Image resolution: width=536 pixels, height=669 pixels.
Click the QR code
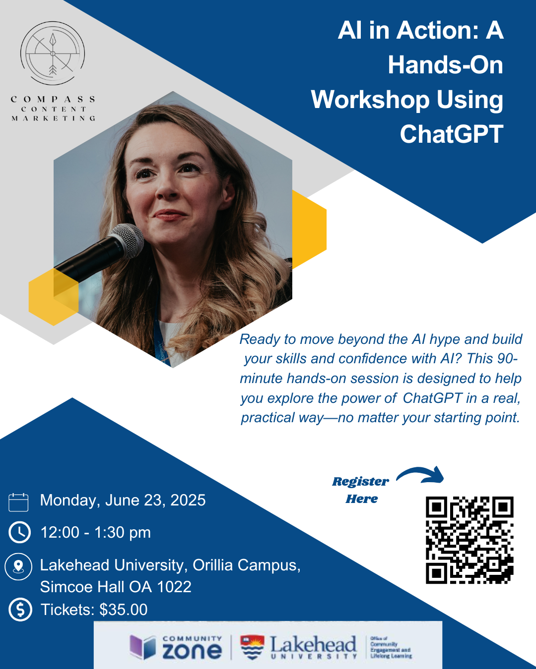coord(469,540)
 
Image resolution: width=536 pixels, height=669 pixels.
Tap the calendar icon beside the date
coord(19,502)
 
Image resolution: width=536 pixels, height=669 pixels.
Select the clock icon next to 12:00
coord(20,532)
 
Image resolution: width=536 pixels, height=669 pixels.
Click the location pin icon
coord(18,566)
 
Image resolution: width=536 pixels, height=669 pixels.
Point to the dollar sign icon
coord(20,610)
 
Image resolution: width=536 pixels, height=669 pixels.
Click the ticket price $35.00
coord(124,610)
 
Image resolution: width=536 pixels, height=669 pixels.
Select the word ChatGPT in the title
coord(452,134)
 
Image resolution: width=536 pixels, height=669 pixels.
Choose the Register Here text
coord(361,490)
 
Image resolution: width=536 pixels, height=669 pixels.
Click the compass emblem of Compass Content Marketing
coord(53,53)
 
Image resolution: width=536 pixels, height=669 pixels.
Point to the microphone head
coord(127,240)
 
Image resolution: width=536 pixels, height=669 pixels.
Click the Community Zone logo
coord(176,647)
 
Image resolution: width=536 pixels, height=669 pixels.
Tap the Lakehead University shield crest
coord(252,647)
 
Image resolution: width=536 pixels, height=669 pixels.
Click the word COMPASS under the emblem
coord(53,100)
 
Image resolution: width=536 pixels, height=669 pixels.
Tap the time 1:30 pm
coord(122,532)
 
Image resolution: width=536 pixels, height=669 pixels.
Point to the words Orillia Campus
coord(246,565)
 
